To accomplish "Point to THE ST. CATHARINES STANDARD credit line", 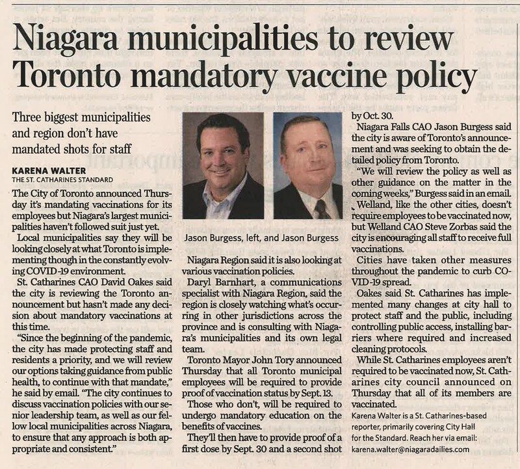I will click(x=59, y=180).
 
